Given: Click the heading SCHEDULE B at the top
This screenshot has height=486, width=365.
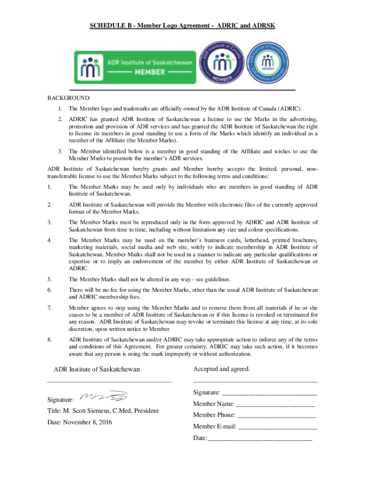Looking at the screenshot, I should [x=182, y=25].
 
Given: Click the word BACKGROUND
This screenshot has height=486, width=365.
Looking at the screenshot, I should [x=68, y=98].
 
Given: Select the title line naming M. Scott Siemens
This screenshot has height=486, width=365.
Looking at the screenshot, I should [x=102, y=411].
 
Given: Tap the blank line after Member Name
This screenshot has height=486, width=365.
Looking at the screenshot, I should [x=275, y=404].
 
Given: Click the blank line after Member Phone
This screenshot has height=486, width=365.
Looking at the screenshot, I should [x=276, y=415].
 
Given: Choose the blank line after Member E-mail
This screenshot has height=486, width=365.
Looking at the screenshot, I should [x=277, y=426].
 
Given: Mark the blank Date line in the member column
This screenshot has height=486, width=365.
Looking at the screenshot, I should [x=260, y=438].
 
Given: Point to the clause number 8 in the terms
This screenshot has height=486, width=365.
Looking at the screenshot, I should [x=50, y=339].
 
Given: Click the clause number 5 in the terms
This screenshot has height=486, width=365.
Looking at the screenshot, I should [x=50, y=279].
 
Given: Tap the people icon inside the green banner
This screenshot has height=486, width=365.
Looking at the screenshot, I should [x=90, y=67].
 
